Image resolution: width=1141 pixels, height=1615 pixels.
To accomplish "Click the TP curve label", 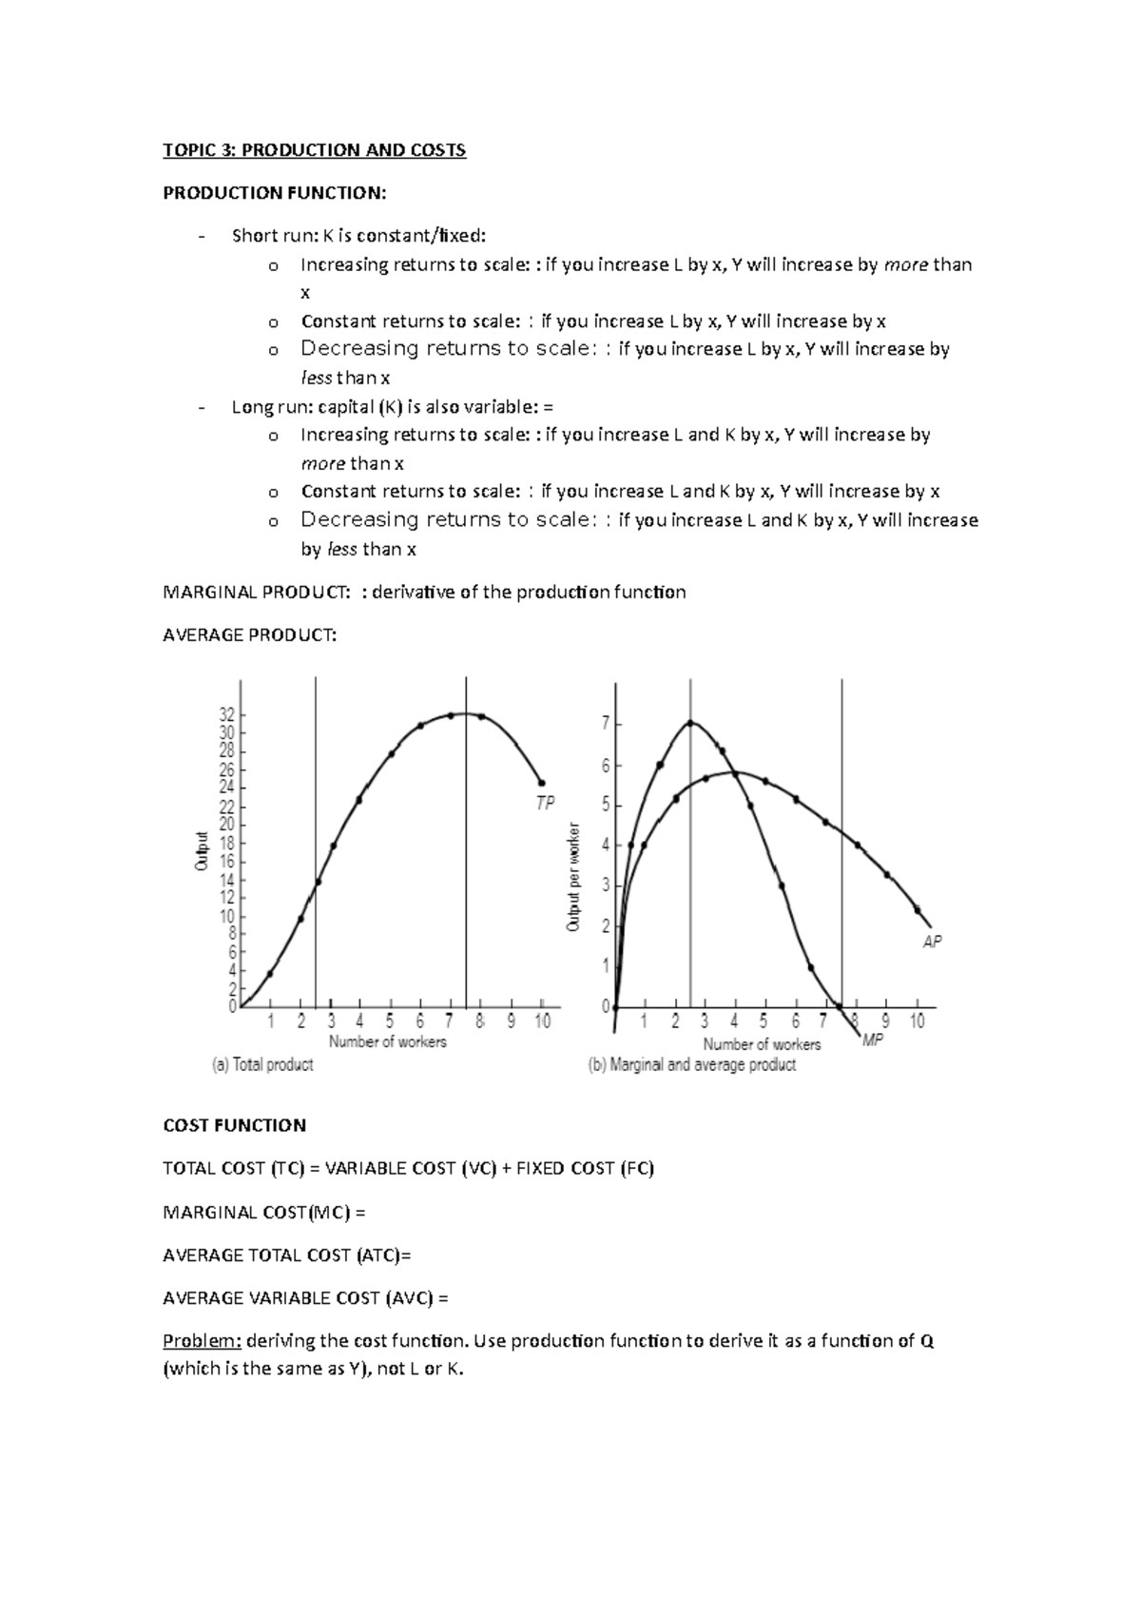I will click(545, 804).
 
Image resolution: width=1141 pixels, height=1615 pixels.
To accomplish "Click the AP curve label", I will click(932, 942).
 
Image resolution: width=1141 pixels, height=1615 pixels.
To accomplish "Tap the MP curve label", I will click(873, 1041).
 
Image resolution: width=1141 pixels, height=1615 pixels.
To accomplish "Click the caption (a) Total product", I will click(262, 1065).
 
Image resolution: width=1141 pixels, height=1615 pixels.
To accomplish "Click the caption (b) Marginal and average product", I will click(692, 1065).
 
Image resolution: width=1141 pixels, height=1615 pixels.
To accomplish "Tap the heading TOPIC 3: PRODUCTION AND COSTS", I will click(314, 150).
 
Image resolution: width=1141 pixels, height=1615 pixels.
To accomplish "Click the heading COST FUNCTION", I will click(234, 1125).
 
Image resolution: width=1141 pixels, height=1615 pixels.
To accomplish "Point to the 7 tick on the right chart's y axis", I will click(606, 724).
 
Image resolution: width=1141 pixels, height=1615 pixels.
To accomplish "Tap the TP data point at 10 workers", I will click(542, 783).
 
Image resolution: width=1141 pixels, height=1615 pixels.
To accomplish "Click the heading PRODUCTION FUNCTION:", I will click(275, 193).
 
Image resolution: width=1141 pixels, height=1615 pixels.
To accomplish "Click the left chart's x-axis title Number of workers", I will click(387, 1042).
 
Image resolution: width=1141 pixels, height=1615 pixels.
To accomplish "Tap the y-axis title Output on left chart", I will click(202, 851).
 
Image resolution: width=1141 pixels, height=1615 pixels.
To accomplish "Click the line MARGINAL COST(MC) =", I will click(264, 1213).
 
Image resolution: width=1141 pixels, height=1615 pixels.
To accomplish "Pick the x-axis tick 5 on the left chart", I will click(390, 1022).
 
